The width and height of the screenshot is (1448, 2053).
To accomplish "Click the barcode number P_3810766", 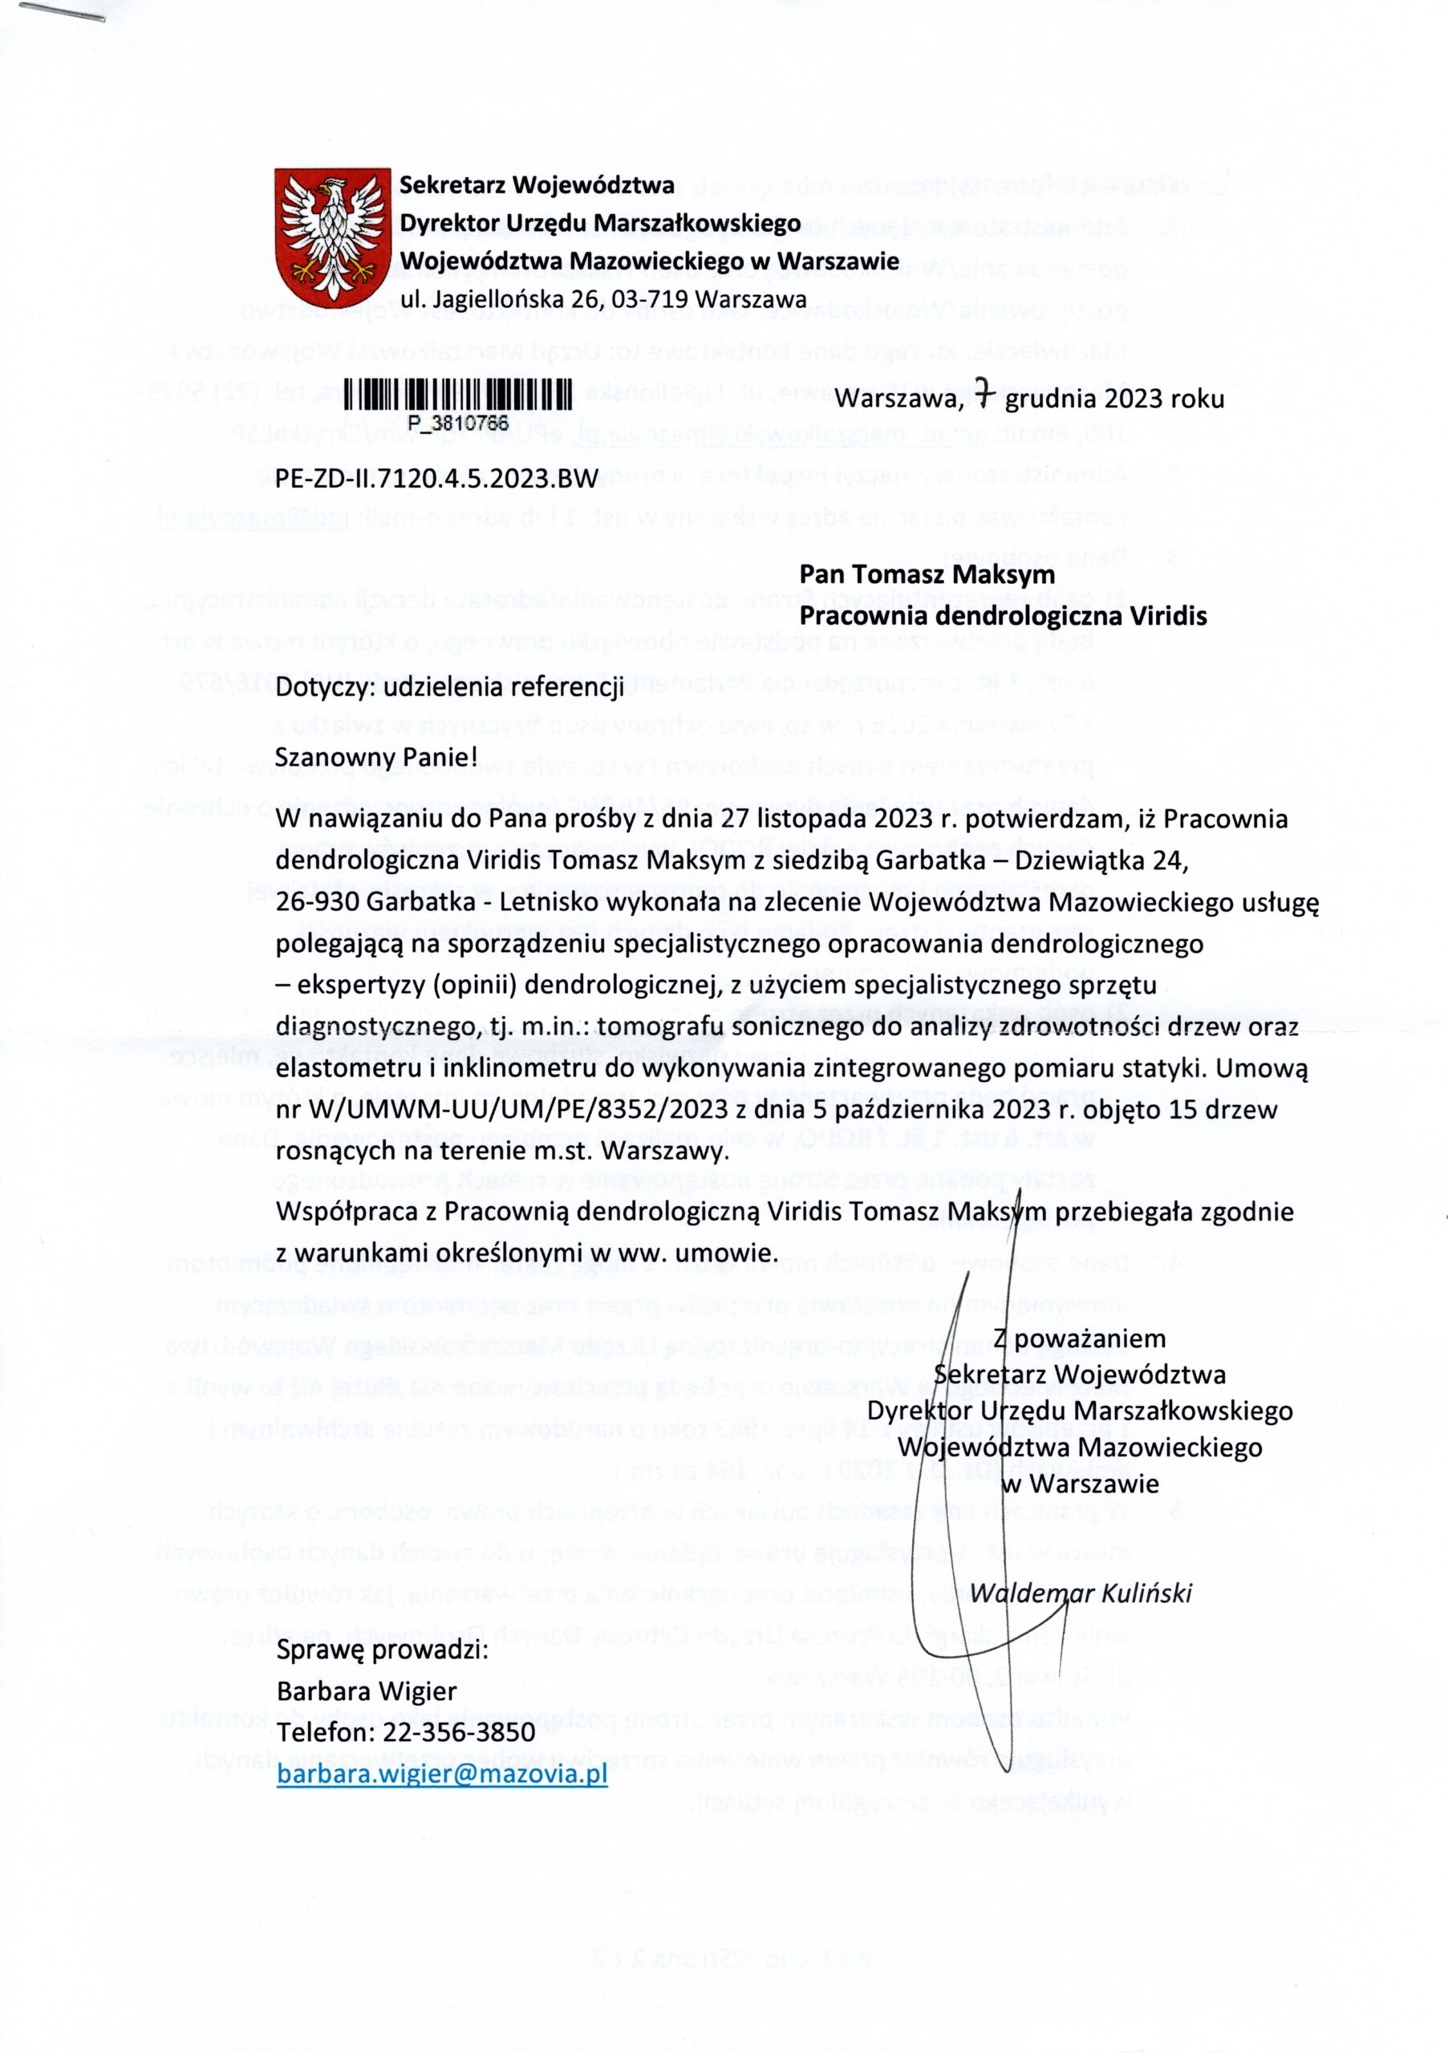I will click(457, 421).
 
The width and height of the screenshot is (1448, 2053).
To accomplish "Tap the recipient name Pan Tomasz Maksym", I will click(927, 574).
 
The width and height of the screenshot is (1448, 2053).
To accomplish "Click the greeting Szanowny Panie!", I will click(377, 756).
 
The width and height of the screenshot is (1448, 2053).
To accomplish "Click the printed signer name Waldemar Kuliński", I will click(1081, 1593).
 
